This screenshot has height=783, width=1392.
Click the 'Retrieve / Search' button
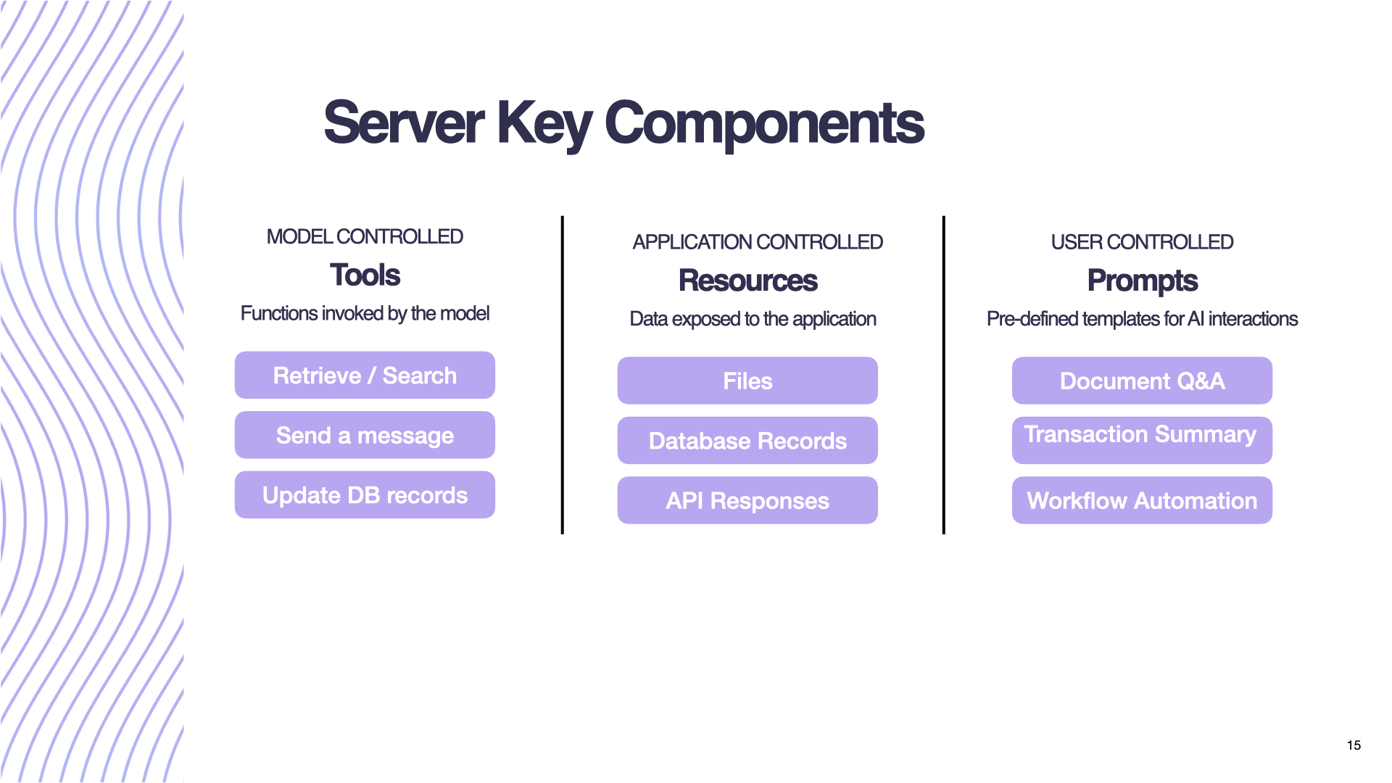pos(365,376)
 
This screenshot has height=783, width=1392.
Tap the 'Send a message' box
pos(365,435)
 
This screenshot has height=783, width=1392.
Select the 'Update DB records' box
pos(365,495)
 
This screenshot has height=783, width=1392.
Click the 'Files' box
pos(747,381)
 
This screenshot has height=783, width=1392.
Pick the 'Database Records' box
pos(747,441)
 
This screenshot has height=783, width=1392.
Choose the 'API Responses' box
pos(747,500)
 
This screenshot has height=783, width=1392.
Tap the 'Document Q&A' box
pos(1142,381)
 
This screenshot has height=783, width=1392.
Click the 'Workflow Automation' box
pos(1142,500)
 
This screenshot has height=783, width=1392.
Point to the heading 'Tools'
pos(365,275)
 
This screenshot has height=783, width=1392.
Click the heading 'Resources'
pos(747,281)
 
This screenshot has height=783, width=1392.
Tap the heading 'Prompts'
pos(1142,281)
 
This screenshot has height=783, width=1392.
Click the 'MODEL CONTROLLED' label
pos(365,237)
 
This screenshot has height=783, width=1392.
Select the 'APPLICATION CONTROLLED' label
pos(757,242)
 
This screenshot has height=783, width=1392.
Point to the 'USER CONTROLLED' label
pos(1142,242)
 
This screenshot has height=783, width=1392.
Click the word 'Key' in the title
pos(544,123)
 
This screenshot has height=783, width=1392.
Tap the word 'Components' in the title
pos(764,123)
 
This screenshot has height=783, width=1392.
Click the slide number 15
pos(1354,745)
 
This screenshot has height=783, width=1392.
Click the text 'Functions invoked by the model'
pos(365,313)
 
